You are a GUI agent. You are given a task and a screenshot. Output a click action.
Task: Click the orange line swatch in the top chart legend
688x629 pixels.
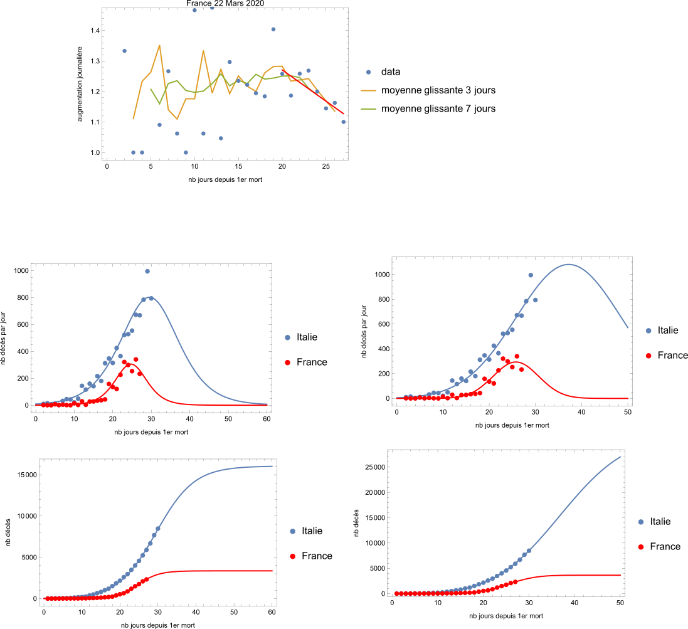click(x=368, y=90)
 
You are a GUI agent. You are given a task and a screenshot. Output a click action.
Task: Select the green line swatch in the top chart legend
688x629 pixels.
click(x=368, y=108)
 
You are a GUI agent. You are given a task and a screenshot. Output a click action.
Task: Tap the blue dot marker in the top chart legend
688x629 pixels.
click(x=368, y=72)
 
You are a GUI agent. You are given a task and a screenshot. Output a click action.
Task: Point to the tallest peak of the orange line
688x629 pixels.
click(x=159, y=45)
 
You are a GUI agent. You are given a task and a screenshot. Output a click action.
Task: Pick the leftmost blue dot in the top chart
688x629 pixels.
click(x=124, y=51)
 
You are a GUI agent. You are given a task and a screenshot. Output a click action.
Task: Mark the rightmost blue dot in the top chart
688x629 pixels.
click(x=343, y=122)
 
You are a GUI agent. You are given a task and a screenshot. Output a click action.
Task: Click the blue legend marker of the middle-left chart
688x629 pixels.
click(x=288, y=337)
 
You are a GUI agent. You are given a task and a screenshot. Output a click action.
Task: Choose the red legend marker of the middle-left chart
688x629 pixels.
click(x=288, y=362)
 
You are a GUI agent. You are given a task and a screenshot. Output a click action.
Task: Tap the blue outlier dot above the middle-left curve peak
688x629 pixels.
click(x=147, y=272)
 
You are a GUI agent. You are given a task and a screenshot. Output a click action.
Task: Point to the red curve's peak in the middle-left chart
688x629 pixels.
click(x=129, y=364)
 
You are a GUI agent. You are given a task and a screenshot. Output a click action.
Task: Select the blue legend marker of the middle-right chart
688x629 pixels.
click(x=648, y=330)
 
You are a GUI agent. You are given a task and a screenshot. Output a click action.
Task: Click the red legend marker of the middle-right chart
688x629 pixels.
click(x=648, y=356)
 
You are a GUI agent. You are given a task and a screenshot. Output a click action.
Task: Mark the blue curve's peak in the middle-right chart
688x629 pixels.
click(x=569, y=264)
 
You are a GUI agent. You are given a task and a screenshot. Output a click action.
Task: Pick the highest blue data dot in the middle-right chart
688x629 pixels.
click(x=531, y=275)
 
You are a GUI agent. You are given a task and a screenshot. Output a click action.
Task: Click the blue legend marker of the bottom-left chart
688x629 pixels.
click(x=292, y=531)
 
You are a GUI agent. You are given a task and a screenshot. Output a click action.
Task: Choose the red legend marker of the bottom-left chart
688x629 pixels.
click(x=292, y=556)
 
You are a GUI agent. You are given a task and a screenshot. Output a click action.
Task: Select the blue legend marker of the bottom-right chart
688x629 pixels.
click(x=640, y=522)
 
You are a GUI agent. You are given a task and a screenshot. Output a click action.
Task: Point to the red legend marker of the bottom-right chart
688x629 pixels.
click(x=640, y=547)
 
